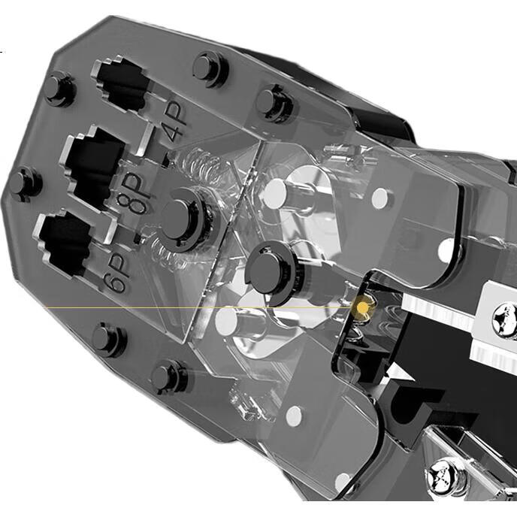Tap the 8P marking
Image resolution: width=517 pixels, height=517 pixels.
[x=135, y=194]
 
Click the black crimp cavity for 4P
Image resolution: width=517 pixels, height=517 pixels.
[x=121, y=84]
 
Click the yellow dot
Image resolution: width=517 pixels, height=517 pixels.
[x=363, y=307]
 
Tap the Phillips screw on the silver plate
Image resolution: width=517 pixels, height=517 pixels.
[x=504, y=321]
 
